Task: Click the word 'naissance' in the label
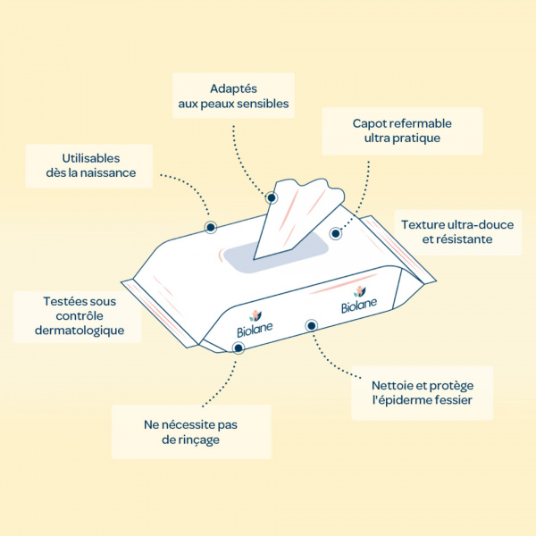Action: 105,172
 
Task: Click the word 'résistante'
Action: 461,239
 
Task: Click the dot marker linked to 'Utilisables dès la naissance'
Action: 212,227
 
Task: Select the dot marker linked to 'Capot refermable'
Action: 336,234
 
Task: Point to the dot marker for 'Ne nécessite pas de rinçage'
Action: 237,346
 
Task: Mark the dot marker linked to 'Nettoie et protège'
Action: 311,326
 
